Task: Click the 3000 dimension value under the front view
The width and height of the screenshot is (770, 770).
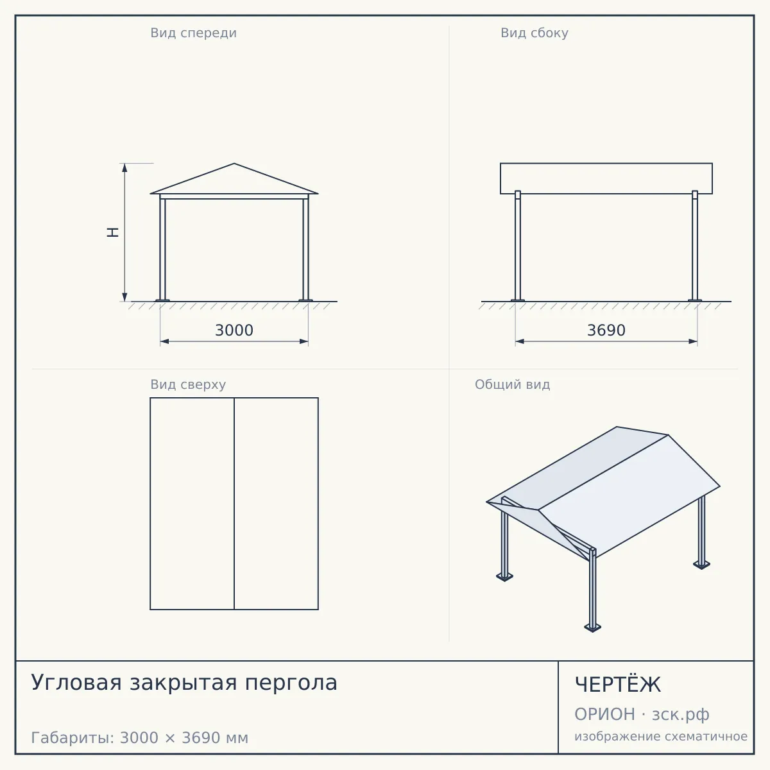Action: pos(234,330)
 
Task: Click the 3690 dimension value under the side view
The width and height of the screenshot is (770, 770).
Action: pos(606,330)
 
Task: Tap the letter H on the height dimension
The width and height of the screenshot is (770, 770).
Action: pos(113,232)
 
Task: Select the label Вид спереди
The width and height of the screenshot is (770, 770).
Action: pos(193,33)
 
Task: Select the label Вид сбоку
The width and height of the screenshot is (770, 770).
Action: pos(535,33)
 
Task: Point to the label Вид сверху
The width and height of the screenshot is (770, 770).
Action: pos(188,384)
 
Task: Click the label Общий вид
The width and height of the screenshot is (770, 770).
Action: pos(512,384)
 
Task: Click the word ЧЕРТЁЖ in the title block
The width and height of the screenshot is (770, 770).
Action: pos(618,685)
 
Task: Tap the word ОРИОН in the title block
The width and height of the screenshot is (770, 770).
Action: pos(604,714)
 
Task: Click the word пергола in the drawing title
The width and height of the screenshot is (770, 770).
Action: pos(291,683)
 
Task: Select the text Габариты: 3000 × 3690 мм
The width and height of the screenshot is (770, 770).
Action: pos(139,738)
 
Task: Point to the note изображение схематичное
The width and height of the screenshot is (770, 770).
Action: pos(661,736)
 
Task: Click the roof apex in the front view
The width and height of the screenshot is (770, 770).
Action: pos(234,164)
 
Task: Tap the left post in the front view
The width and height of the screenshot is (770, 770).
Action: pos(162,248)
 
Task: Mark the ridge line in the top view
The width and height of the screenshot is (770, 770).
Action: pos(234,504)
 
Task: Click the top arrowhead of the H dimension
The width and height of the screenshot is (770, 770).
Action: pos(124,168)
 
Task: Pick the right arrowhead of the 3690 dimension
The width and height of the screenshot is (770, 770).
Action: pos(693,341)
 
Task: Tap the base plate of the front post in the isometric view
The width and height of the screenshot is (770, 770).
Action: pos(593,628)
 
